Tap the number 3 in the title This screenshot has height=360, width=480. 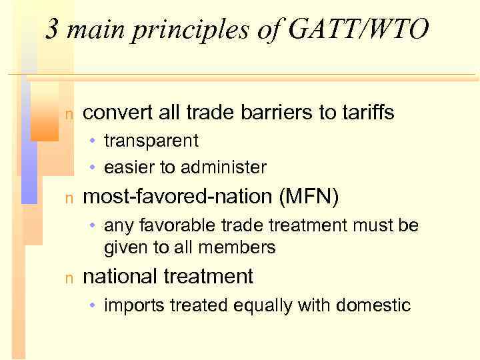tap(52, 30)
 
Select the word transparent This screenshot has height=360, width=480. tap(151, 141)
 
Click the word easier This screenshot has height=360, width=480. tap(128, 167)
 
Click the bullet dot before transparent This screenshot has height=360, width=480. tap(95, 141)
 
